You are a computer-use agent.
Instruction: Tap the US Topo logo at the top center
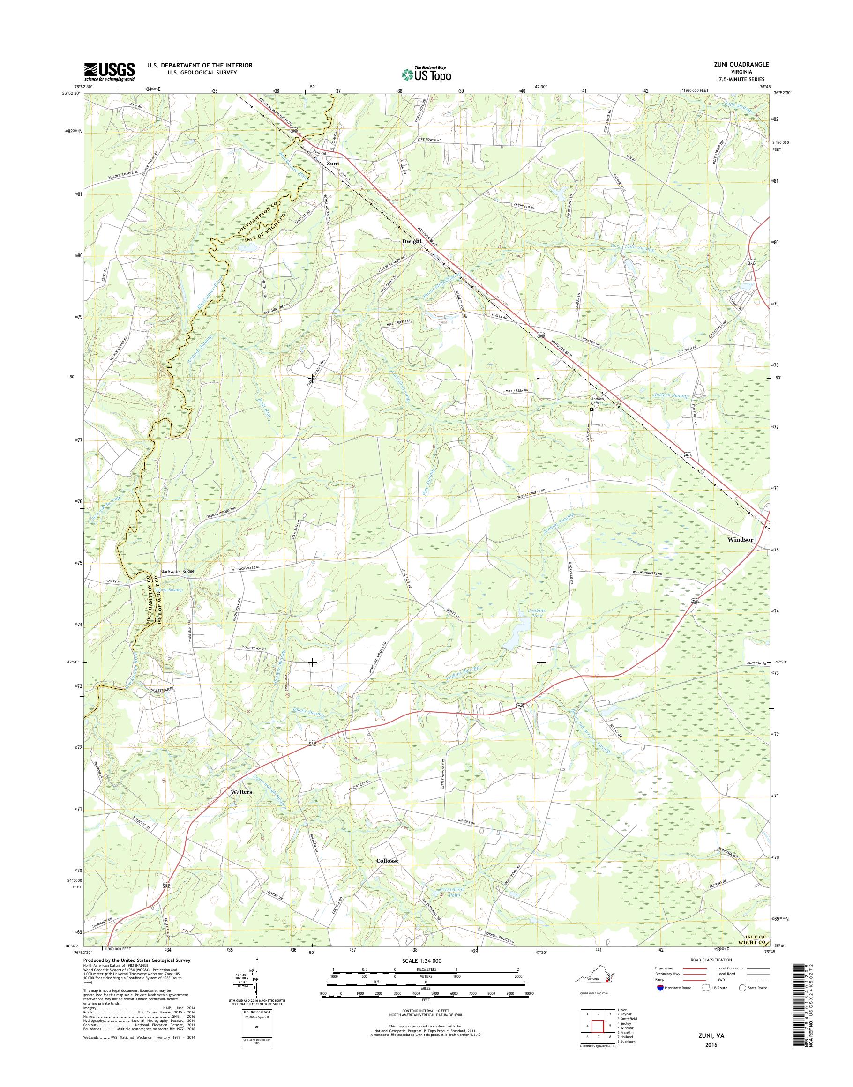coord(426,74)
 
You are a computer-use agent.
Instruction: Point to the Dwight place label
coord(412,241)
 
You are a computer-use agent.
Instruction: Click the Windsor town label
coord(740,539)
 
